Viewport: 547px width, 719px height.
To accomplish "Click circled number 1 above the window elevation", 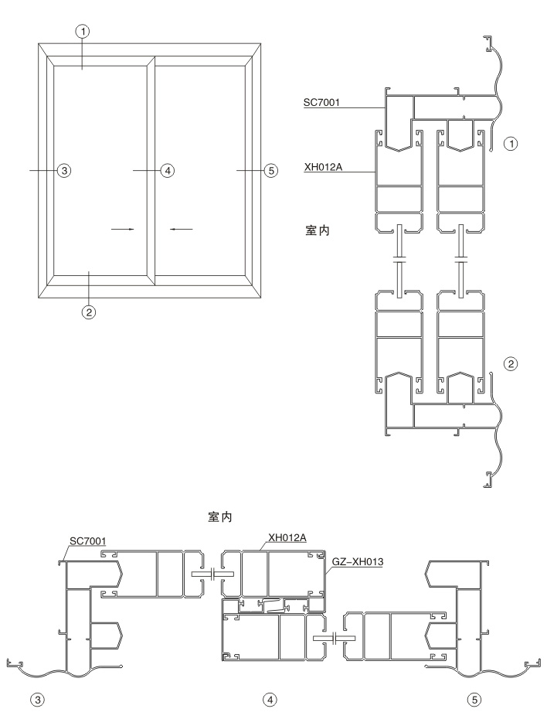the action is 83,31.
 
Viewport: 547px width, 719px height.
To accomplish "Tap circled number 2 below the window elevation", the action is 88,312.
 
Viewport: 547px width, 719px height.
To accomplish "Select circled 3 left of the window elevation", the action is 63,171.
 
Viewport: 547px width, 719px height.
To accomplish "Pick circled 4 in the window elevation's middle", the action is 168,171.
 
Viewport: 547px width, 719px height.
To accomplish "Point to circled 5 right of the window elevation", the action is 271,171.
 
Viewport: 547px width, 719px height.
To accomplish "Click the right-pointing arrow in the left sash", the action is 123,229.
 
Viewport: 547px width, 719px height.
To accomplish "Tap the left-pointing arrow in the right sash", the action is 182,229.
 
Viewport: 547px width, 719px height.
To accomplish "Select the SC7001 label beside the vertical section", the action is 321,102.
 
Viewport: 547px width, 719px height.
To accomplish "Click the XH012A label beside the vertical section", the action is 323,167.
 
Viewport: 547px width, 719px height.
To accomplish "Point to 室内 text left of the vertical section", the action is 317,230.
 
